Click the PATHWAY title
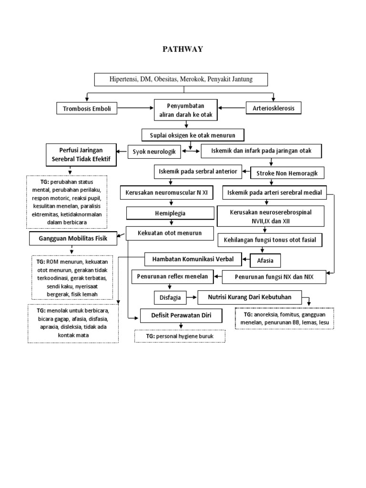(x=183, y=49)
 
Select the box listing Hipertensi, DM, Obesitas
(x=181, y=79)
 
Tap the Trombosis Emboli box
(x=87, y=109)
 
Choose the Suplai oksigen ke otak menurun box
(x=193, y=135)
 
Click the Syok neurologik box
(x=154, y=152)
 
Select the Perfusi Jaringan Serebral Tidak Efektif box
(x=81, y=155)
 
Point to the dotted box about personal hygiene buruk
(x=180, y=336)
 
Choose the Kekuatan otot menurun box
(x=164, y=233)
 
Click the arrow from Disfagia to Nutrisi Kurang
(x=191, y=298)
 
